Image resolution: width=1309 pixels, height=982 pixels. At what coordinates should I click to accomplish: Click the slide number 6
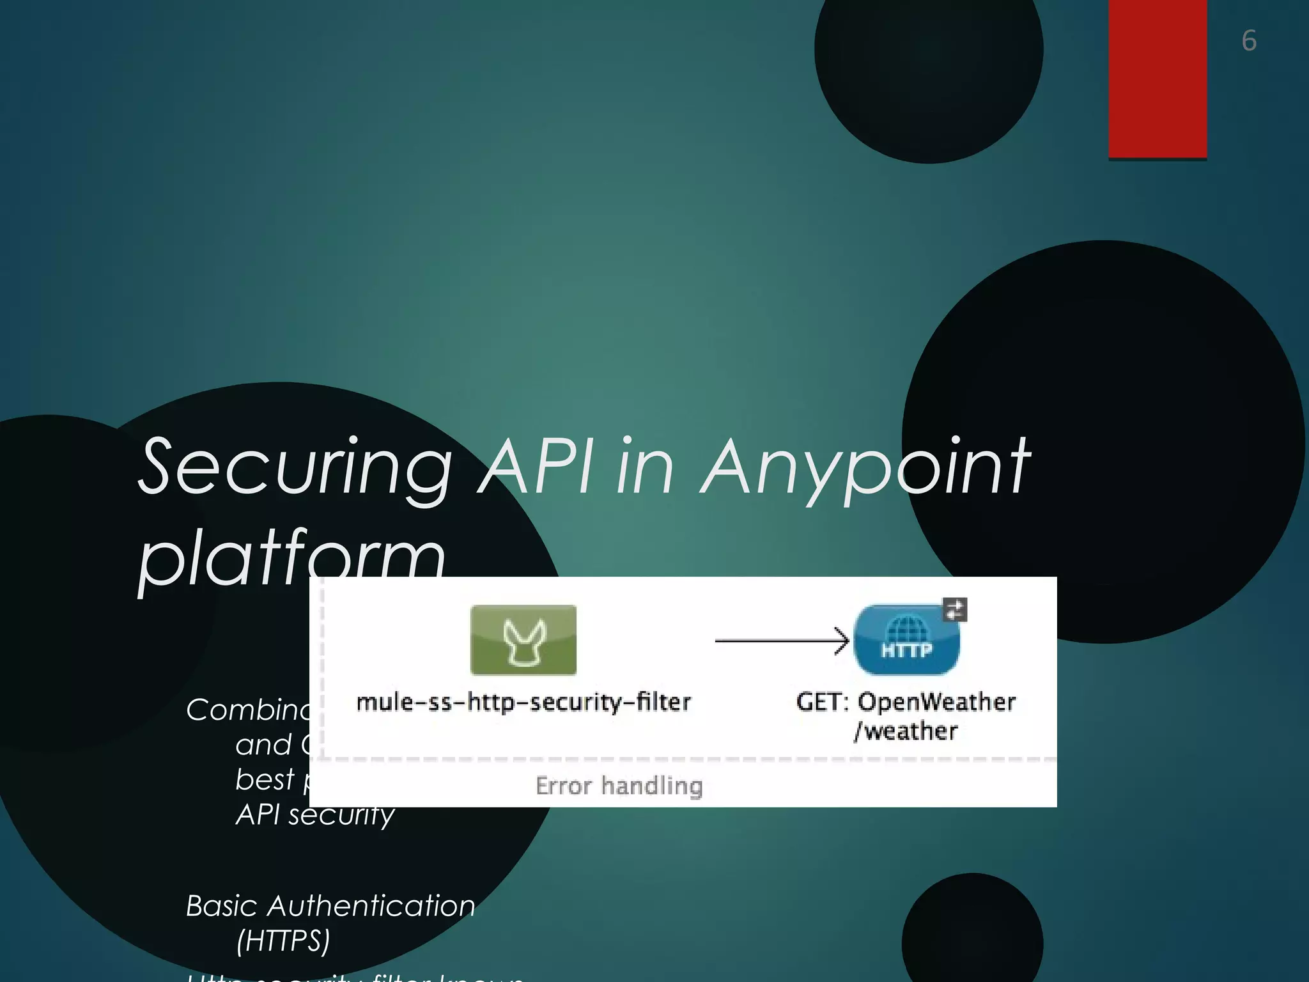coord(1249,41)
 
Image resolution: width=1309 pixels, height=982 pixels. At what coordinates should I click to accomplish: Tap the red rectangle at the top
coord(1157,78)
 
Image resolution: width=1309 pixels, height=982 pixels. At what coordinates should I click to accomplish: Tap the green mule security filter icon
coord(523,640)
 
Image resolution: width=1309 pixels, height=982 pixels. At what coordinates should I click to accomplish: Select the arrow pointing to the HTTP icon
coord(782,640)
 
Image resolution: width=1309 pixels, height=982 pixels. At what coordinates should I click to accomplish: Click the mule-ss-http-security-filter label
coord(523,702)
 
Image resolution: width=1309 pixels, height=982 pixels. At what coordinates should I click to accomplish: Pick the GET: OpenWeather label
coord(906,702)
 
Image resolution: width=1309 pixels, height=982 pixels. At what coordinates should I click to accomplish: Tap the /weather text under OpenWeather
coord(906,731)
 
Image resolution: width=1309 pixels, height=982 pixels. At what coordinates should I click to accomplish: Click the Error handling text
coord(619,785)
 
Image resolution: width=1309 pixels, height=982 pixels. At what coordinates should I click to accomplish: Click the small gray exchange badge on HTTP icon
coord(955,609)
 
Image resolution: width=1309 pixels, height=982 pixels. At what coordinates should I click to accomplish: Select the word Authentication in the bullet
coord(371,906)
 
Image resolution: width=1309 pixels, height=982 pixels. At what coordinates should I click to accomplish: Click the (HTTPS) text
coord(283,940)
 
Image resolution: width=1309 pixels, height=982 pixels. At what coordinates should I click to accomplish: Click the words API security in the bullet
coord(315,814)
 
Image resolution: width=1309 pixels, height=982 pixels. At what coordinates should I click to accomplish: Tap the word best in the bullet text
coord(265,780)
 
